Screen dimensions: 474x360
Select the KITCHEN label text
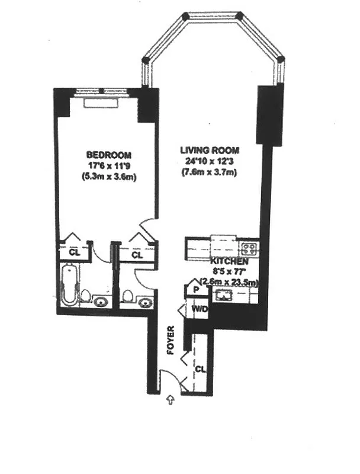click(x=229, y=261)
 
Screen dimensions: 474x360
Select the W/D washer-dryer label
click(x=198, y=309)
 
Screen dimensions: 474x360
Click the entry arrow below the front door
click(x=171, y=401)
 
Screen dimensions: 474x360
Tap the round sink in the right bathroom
click(x=144, y=302)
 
